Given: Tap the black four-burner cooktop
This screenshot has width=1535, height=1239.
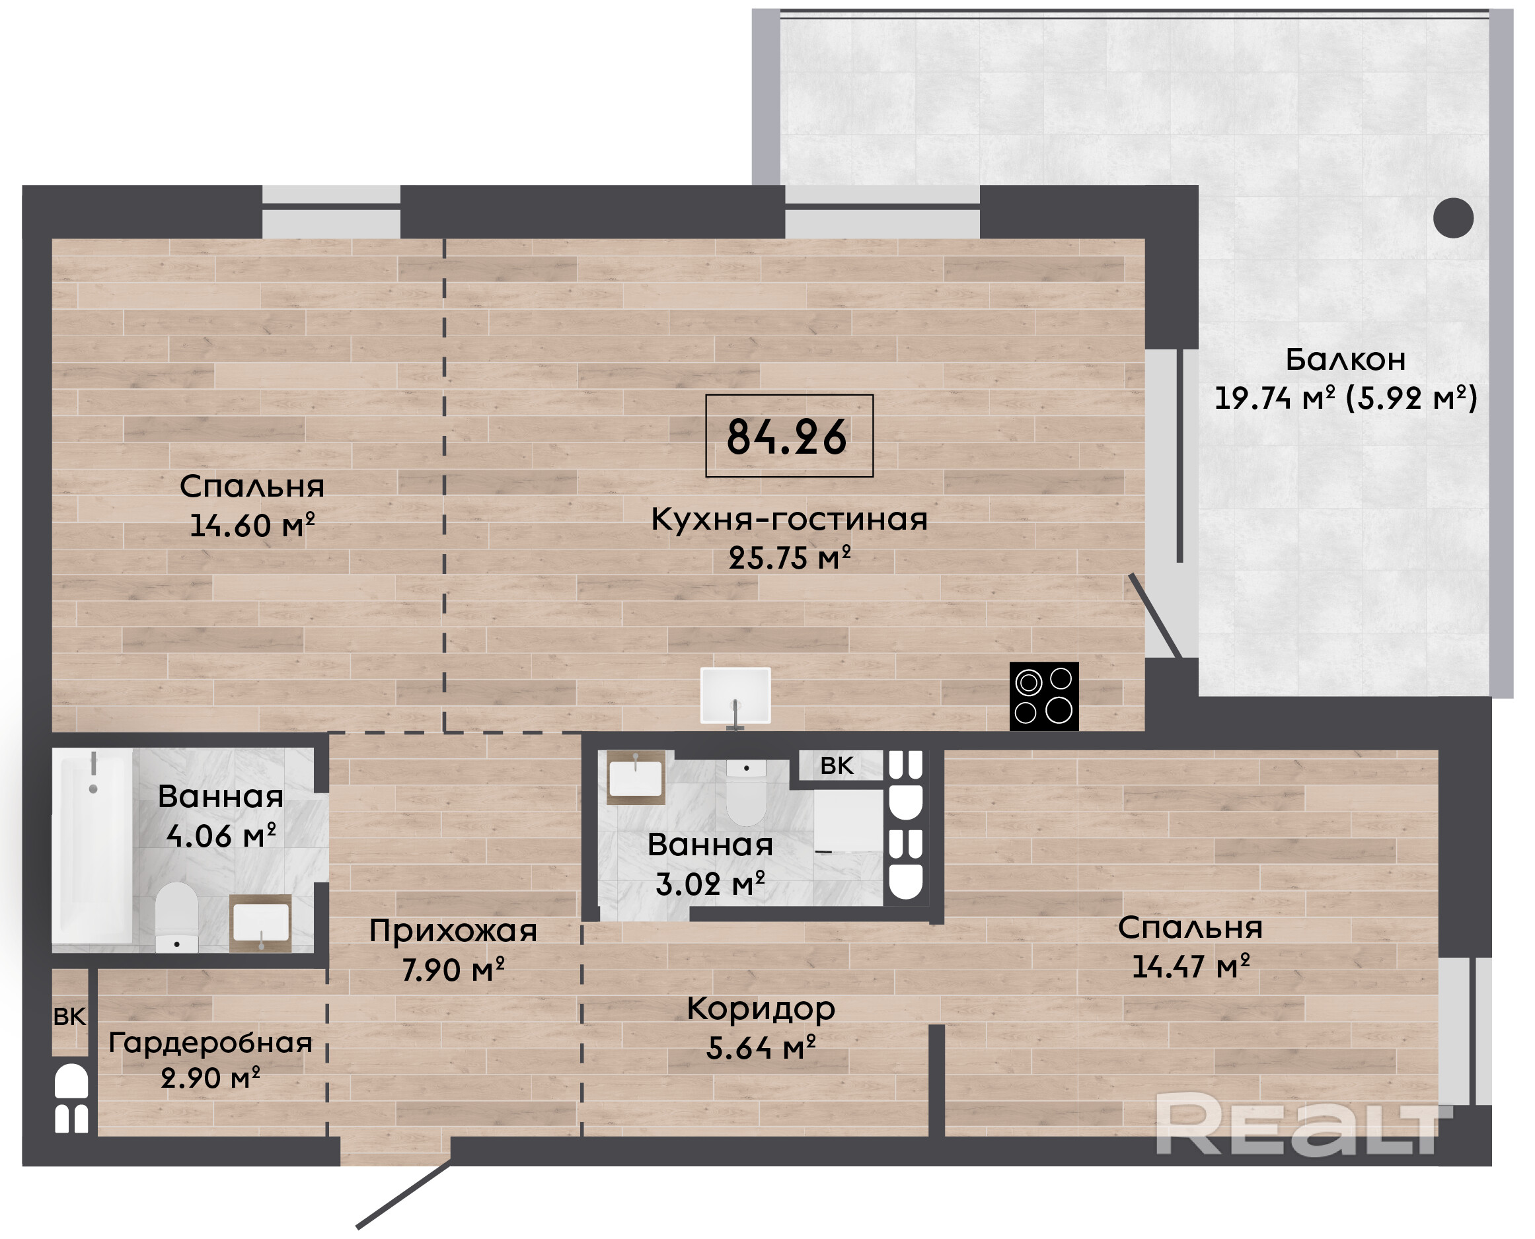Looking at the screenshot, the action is [1044, 696].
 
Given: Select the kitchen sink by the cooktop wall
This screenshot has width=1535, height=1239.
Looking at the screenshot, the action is [735, 696].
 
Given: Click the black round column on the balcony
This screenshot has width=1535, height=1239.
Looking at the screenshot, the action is [1454, 217].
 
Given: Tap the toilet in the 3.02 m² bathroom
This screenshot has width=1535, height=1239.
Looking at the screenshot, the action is [746, 793].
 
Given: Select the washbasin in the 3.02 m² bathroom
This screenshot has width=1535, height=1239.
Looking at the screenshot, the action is [636, 778].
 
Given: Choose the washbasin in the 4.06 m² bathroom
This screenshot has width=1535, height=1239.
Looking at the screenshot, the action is [260, 923].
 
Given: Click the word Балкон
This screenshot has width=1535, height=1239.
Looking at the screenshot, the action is [1346, 360].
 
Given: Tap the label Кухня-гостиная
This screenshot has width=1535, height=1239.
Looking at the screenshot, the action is [789, 519].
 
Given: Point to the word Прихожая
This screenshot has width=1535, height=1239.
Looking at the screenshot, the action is [453, 931].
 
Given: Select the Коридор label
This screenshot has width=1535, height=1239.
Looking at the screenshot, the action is [761, 1009].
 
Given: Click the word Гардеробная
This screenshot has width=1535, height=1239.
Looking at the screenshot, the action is [211, 1044].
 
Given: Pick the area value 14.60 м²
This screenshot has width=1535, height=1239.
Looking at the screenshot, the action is [252, 525].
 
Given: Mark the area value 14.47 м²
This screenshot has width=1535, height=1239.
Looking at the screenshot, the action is [1191, 966].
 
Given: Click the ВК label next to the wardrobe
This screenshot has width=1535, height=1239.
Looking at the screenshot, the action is [70, 1017].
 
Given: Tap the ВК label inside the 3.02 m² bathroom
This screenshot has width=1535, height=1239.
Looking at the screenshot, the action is [837, 766].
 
